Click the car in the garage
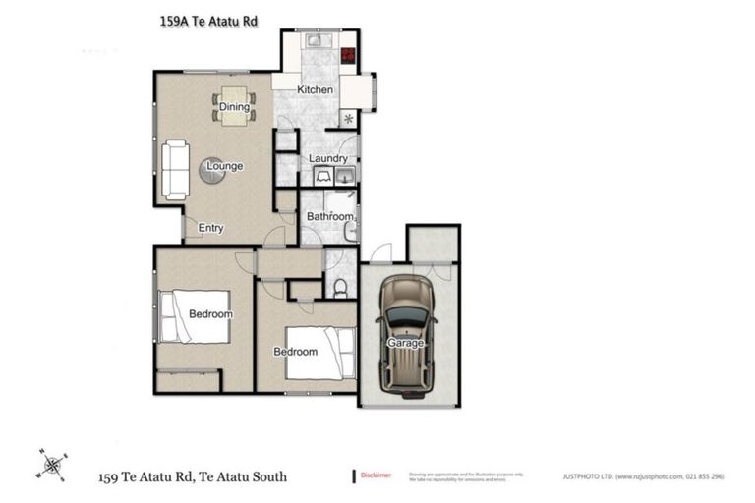(x=405, y=330)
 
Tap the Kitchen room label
(x=316, y=90)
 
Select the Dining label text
(x=233, y=107)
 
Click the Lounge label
(x=224, y=166)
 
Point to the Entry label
(x=211, y=228)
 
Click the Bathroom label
(x=329, y=216)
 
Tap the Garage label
(x=405, y=343)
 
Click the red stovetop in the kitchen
(x=348, y=55)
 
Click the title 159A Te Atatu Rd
(x=208, y=19)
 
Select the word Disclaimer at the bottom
(x=376, y=475)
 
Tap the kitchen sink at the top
(x=318, y=42)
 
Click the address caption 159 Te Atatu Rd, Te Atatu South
(x=192, y=476)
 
